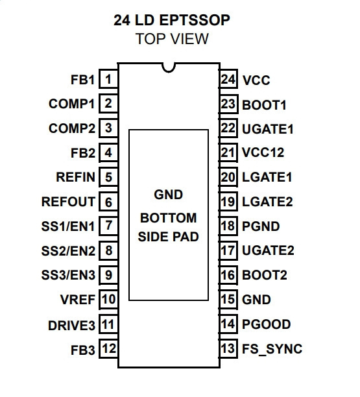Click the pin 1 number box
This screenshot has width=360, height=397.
108,79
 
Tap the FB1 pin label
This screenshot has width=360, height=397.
82,80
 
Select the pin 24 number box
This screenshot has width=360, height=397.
228,79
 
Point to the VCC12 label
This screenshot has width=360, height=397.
263,152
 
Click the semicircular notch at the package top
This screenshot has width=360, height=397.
169,68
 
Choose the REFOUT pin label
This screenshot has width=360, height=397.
68,202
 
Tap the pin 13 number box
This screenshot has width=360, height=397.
228,348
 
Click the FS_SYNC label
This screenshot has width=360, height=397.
272,349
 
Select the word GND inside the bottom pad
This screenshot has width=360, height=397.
169,195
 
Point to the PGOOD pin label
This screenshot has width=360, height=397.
267,324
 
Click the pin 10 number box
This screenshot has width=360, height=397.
108,300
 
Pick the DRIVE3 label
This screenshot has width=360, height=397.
71,326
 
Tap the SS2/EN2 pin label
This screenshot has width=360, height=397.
68,251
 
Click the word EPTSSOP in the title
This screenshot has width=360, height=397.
195,20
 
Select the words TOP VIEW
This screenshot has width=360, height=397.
172,39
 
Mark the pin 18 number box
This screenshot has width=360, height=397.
228,226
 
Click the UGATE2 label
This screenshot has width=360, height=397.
268,250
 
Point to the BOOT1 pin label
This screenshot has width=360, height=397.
264,105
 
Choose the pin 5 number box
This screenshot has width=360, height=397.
108,177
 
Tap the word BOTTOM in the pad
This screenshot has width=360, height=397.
169,218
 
